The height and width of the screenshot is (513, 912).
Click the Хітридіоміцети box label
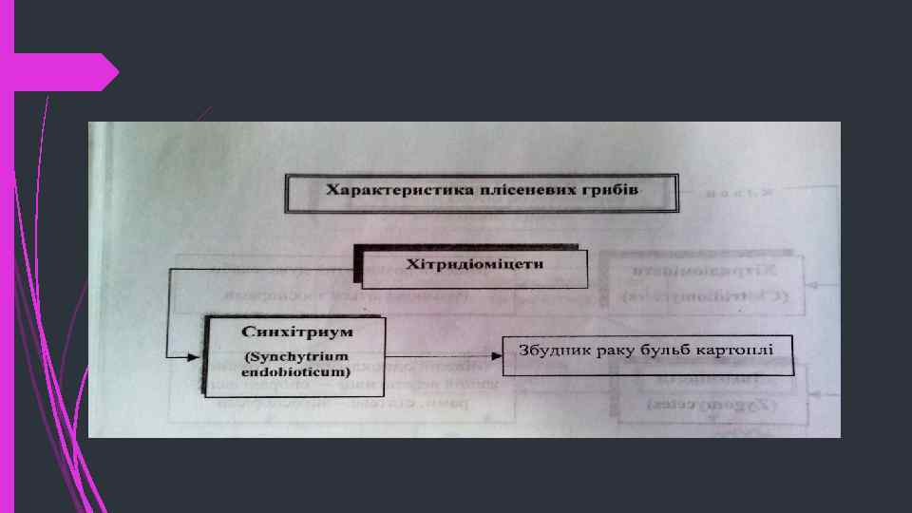pos(475,263)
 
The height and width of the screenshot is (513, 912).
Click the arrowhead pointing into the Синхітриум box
pos(196,356)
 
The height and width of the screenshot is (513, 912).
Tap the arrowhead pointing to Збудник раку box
pos(497,356)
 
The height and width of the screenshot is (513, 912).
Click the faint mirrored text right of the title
pos(734,192)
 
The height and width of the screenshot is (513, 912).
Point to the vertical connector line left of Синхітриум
pos(167,313)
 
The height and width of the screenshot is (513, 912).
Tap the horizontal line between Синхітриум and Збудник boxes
pos(442,356)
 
